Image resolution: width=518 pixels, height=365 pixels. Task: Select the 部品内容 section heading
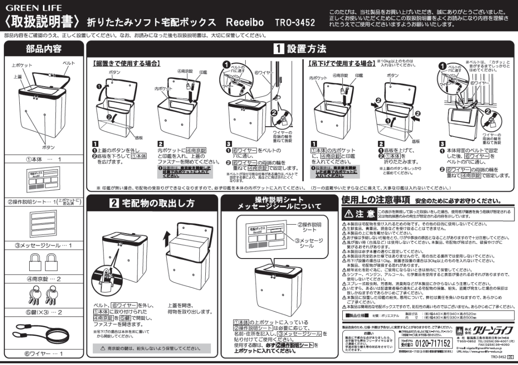point(43,49)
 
